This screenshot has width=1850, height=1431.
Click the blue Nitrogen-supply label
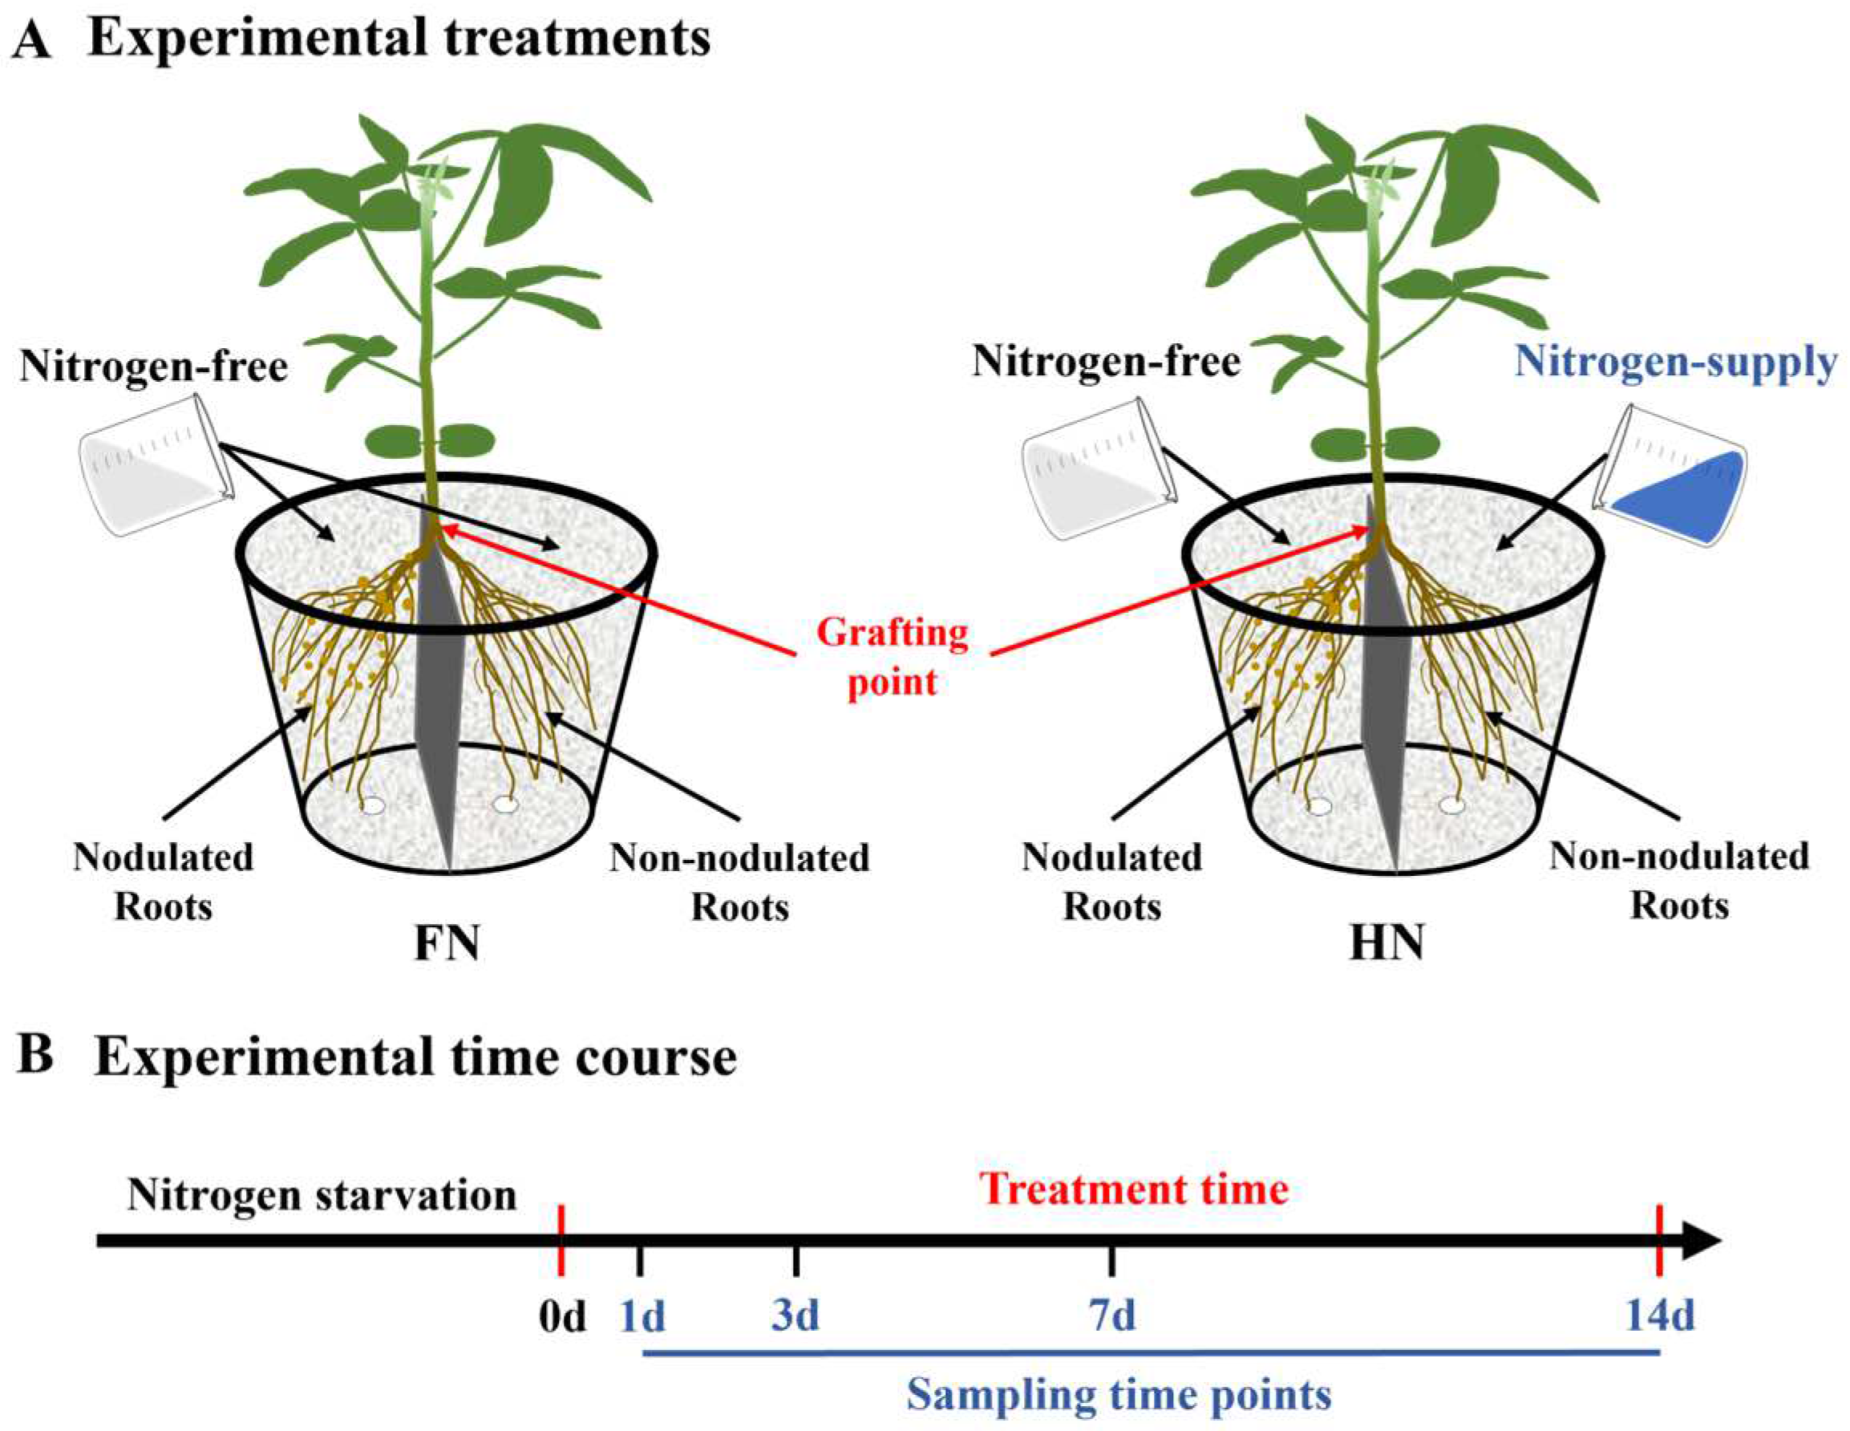pos(1674,363)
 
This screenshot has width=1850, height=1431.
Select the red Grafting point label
pos(892,658)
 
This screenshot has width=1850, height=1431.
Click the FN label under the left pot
pos(447,943)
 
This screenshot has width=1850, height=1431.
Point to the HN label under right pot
pos(1386,943)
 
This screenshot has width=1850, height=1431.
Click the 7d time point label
pos(1111,1316)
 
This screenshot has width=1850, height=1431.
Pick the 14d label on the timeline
pos(1659,1316)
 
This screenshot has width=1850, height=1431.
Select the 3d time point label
pos(795,1316)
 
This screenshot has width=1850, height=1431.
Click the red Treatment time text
pos(1134,1189)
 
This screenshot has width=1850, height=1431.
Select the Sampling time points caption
pos(1118,1394)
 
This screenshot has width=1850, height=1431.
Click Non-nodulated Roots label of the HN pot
pos(1679,881)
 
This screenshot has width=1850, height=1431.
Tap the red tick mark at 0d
pos(561,1241)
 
